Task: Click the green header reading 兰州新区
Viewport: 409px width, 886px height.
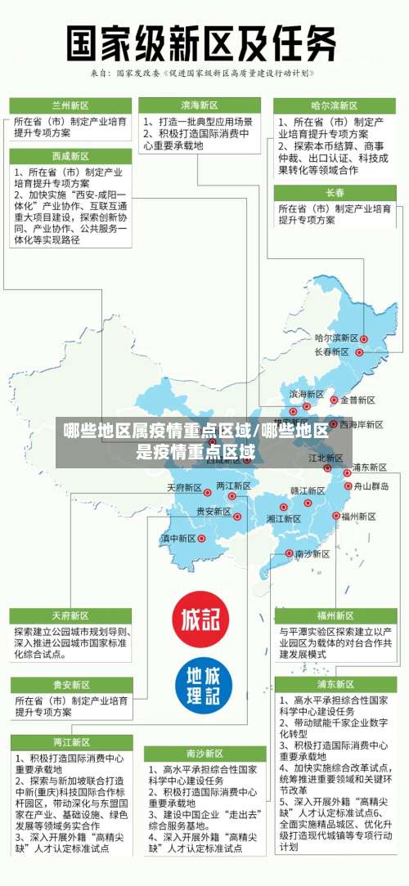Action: [70, 105]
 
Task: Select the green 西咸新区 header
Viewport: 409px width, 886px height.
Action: [70, 156]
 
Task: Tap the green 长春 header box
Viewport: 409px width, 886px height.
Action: [335, 193]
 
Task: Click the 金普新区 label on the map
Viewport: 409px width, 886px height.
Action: [357, 400]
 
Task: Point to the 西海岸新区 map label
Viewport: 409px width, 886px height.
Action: [362, 424]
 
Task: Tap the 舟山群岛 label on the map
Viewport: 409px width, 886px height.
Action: [371, 486]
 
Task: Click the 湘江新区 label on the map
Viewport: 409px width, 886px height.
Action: [283, 518]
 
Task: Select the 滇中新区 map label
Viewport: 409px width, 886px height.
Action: [178, 539]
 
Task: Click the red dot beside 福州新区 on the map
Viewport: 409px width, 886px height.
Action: [336, 516]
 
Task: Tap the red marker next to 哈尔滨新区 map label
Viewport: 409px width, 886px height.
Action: [364, 338]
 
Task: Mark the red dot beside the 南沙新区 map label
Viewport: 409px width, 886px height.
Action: [289, 553]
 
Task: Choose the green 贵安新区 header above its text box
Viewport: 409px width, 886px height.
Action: [70, 684]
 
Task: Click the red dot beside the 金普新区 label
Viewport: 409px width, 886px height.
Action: [334, 400]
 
